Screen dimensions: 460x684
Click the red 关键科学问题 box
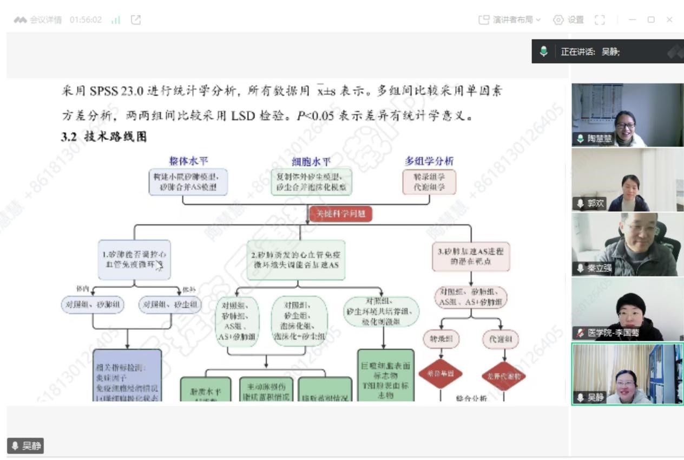340,214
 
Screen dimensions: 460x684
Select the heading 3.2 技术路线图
103,137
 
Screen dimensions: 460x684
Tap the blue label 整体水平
188,161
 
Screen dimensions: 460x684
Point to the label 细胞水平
311,161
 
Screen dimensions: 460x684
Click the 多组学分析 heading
429,161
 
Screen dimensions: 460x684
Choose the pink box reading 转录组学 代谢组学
429,182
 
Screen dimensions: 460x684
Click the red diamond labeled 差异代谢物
503,376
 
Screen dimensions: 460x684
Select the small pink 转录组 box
441,340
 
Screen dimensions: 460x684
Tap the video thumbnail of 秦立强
627,244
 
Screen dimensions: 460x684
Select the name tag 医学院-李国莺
608,333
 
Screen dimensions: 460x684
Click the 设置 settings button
568,20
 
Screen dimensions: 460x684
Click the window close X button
669,20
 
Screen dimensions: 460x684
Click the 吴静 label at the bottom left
25,446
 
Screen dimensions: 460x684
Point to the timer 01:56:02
85,20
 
